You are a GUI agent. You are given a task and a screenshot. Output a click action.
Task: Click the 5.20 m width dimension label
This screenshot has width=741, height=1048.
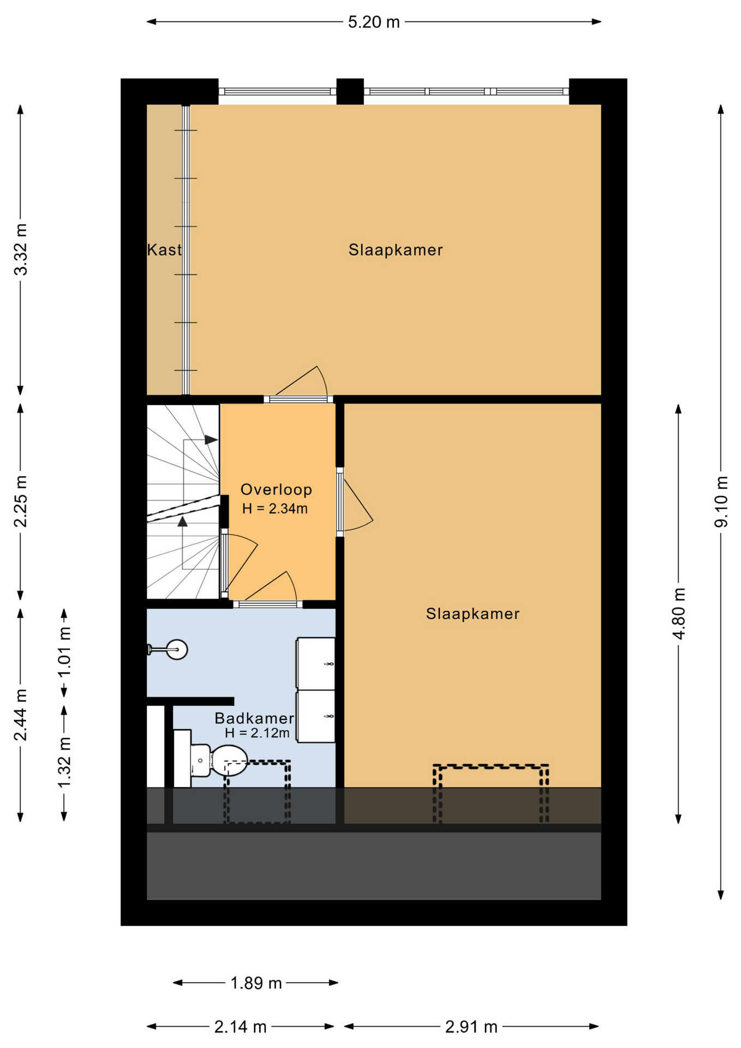pos(374,22)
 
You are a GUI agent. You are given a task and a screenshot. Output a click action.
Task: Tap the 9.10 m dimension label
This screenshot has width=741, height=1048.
pos(721,502)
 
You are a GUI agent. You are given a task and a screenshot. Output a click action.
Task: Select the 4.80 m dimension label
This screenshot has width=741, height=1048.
pos(679,614)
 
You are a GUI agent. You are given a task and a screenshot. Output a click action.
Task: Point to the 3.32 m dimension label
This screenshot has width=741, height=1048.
pos(21,249)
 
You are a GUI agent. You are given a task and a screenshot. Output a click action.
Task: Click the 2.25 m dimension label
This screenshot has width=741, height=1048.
pos(21,502)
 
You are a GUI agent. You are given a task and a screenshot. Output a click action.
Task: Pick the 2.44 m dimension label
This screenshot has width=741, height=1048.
pos(21,715)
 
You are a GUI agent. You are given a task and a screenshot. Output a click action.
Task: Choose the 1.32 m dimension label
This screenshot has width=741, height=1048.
pos(64,762)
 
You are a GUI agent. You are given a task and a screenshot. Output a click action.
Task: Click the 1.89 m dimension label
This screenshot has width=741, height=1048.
pos(256,983)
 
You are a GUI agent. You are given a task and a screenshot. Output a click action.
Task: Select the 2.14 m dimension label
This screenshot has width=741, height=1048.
pos(241,1027)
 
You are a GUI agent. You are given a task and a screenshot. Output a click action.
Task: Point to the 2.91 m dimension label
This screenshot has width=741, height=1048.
pos(471,1027)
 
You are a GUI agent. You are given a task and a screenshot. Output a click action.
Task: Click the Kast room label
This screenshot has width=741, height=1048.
pos(164,250)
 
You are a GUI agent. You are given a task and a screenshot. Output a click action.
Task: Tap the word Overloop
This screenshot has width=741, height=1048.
pos(276,490)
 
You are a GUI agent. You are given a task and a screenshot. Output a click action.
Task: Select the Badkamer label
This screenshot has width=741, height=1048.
pos(254,718)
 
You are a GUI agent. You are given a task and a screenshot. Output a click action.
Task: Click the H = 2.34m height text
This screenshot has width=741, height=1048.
pos(275,509)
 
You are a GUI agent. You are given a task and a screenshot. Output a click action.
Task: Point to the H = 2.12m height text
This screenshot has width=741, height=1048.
pos(257,733)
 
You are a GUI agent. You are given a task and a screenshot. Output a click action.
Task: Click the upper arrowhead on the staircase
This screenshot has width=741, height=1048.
pos(211,439)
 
